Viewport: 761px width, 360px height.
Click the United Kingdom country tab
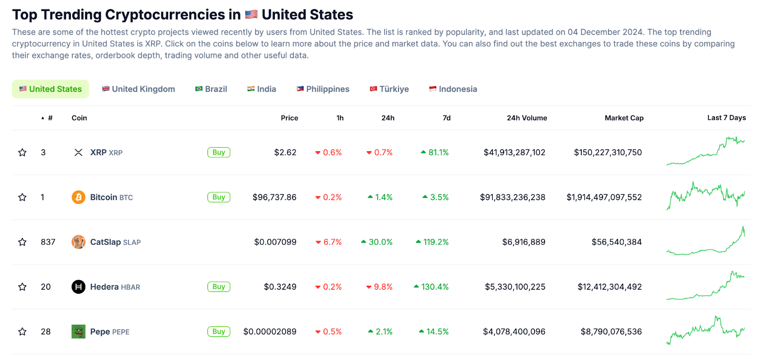pyautogui.click(x=138, y=89)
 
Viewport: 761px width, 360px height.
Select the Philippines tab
pyautogui.click(x=323, y=89)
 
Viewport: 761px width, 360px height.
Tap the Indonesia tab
pyautogui.click(x=453, y=89)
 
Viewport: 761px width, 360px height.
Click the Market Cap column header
pyautogui.click(x=624, y=118)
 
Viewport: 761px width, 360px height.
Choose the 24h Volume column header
pyautogui.click(x=527, y=118)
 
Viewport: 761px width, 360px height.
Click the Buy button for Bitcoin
pyautogui.click(x=219, y=197)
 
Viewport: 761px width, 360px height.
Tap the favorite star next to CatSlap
pyautogui.click(x=22, y=242)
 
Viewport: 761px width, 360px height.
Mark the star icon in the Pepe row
pyautogui.click(x=22, y=331)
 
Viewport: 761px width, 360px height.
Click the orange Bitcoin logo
pyautogui.click(x=78, y=197)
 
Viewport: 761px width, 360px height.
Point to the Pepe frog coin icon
pyautogui.click(x=78, y=331)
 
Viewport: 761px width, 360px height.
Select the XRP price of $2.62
pyautogui.click(x=285, y=153)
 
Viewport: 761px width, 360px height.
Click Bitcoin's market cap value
pyautogui.click(x=604, y=197)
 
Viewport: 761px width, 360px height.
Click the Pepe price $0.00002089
pyautogui.click(x=270, y=331)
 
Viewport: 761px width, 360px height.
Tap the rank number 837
pyautogui.click(x=48, y=242)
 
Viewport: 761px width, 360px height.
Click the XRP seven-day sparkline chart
pyautogui.click(x=705, y=151)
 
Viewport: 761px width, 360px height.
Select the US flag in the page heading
pyautogui.click(x=251, y=15)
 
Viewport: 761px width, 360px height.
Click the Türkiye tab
pyautogui.click(x=389, y=89)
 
